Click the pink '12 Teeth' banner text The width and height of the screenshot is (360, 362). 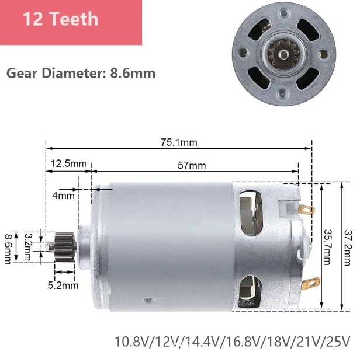pos(61,19)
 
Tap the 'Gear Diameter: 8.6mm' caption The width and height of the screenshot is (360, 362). pos(81,74)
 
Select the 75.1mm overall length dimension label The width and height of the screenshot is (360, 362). pos(179,142)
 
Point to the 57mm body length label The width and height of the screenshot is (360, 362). pos(192,166)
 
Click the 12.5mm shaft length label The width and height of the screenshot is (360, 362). pos(68,163)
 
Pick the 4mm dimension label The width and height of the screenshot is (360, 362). pos(63,196)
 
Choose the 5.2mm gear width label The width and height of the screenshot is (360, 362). pos(63,286)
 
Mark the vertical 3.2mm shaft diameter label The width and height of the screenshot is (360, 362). pos(28,246)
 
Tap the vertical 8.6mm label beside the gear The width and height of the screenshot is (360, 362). pos(8,249)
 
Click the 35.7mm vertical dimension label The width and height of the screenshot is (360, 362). pos(327,247)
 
